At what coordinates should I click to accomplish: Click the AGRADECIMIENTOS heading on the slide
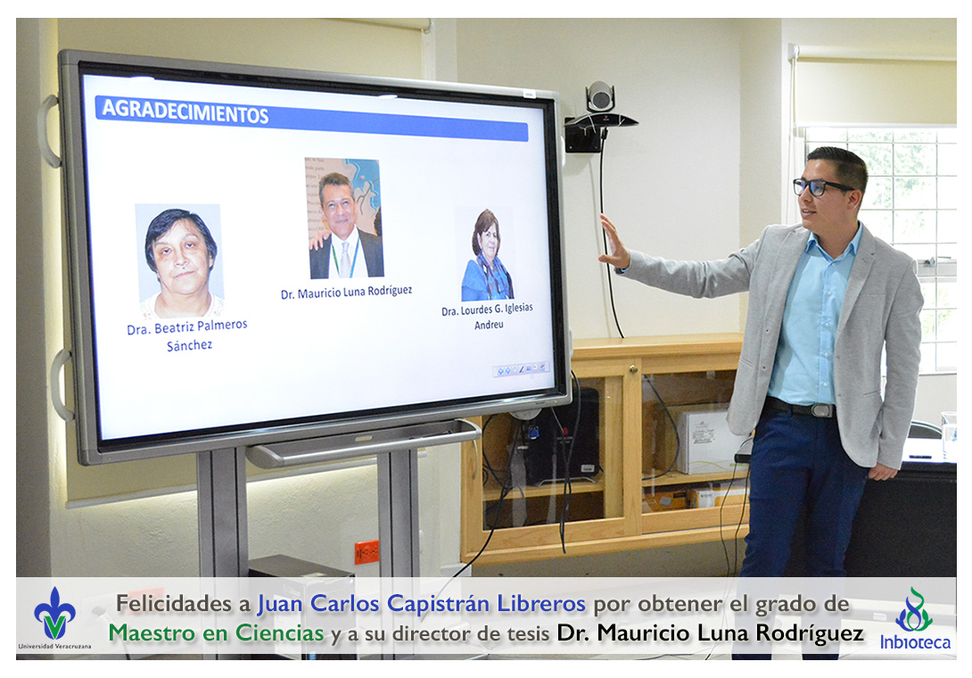(185, 112)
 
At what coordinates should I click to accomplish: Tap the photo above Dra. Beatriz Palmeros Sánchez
(179, 260)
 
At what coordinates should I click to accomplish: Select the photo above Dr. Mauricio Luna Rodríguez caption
(345, 218)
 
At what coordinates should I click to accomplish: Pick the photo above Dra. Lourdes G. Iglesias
(487, 254)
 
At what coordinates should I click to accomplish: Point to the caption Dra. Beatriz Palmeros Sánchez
(187, 335)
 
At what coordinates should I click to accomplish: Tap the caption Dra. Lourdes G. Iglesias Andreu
(487, 316)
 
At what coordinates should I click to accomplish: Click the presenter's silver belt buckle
(822, 410)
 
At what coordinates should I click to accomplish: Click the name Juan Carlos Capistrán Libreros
(422, 604)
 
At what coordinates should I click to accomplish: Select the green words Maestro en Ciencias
(217, 633)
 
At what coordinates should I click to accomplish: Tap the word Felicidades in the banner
(175, 603)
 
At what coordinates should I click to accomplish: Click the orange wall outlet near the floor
(367, 550)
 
